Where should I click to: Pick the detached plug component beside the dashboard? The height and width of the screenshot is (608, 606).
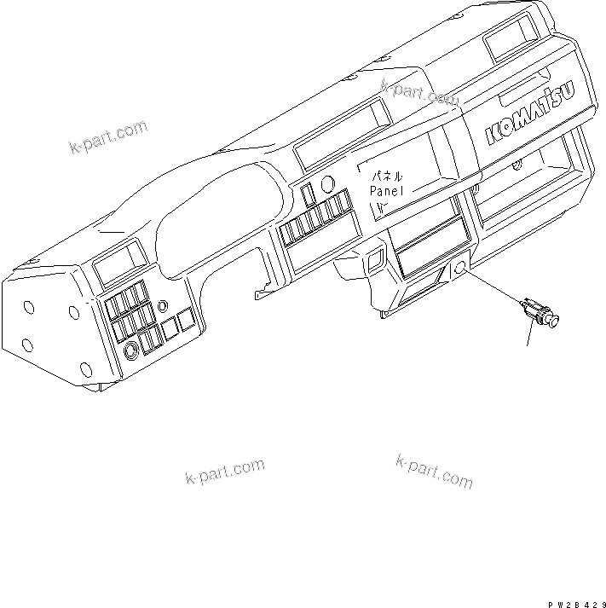[539, 311]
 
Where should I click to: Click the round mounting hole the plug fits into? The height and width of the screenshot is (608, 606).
[460, 269]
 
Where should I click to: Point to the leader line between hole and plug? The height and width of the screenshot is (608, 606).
[493, 288]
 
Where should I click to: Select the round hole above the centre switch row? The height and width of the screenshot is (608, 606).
[328, 183]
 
